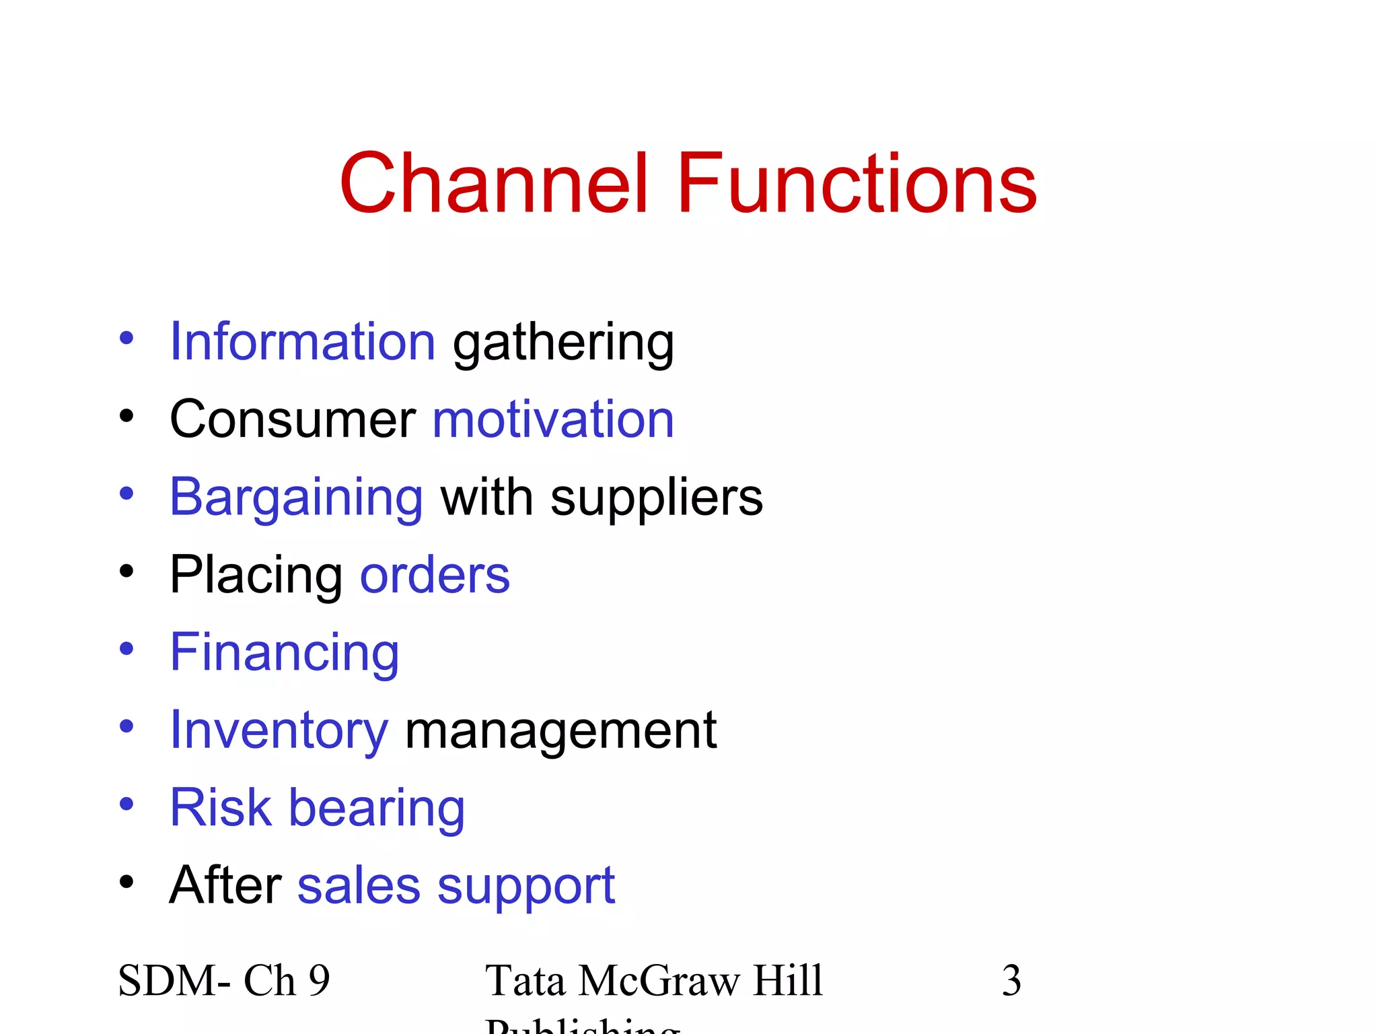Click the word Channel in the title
point(495,184)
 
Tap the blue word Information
point(303,341)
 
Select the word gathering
point(563,343)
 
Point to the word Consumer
point(293,419)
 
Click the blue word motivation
point(553,419)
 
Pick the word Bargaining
point(296,498)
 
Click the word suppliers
point(657,498)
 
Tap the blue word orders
point(435,576)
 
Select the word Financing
point(285,653)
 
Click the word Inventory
point(279,731)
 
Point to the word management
point(561,731)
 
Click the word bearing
point(377,808)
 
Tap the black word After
point(225,885)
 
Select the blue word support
point(526,887)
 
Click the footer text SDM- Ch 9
point(224,980)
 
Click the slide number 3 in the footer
point(1011,980)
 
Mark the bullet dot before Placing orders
point(126,572)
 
